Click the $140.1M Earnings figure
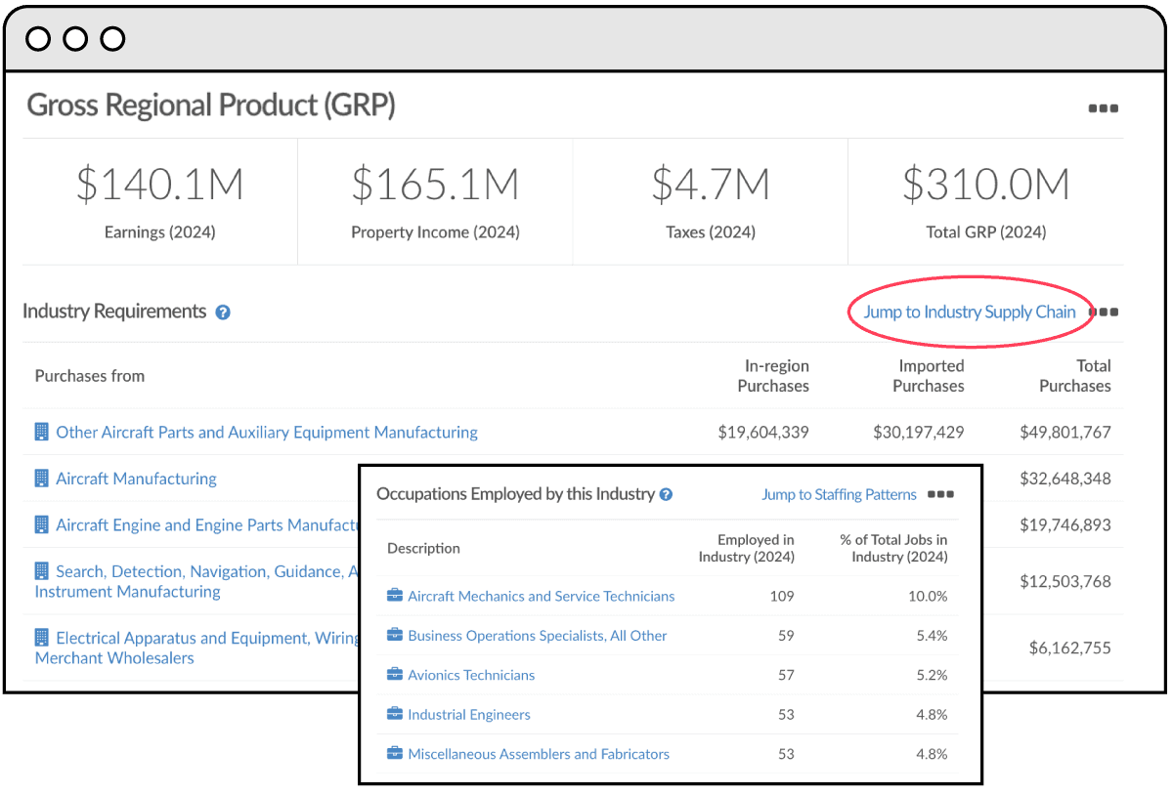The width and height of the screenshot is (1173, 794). (x=159, y=185)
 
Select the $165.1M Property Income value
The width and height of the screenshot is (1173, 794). (x=435, y=185)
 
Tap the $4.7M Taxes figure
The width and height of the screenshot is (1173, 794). (x=711, y=185)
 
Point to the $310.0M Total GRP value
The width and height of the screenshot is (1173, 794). (x=985, y=185)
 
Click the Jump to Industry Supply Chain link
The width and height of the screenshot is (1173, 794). (x=969, y=313)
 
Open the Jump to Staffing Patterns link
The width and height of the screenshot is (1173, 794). (x=839, y=495)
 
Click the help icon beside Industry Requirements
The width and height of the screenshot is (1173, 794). (x=223, y=313)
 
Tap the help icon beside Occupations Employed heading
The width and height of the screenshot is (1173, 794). (x=666, y=495)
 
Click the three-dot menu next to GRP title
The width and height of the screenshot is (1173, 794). (x=1103, y=108)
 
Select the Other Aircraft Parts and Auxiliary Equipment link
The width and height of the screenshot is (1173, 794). (x=266, y=432)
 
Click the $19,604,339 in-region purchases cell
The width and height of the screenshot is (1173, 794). (x=762, y=432)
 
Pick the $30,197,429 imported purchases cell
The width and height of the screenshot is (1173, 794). (x=918, y=432)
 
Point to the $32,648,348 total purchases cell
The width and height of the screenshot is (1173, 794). (x=1064, y=479)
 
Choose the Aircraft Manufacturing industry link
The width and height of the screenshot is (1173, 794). (x=136, y=479)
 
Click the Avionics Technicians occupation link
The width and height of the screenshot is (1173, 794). (x=471, y=675)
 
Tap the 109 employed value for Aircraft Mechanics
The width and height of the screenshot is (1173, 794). (x=781, y=596)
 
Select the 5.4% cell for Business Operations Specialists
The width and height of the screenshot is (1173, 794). (x=931, y=636)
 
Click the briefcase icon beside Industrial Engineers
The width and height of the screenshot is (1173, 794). (x=395, y=714)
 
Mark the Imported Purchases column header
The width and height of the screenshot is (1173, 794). (x=931, y=376)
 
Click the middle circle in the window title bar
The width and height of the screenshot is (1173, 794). (x=75, y=39)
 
